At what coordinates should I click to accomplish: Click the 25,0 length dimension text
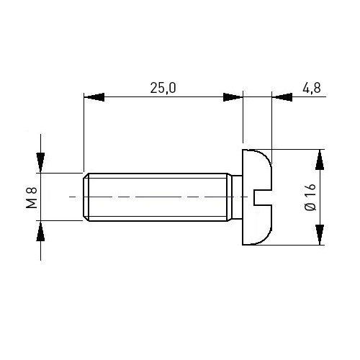click(x=163, y=88)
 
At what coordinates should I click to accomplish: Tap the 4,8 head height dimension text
click(x=312, y=88)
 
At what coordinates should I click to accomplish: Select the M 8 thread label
click(x=32, y=197)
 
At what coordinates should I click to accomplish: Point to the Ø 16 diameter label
click(x=310, y=197)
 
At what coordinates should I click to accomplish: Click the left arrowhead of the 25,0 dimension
click(x=94, y=97)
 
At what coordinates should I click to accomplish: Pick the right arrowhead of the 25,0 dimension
click(x=233, y=97)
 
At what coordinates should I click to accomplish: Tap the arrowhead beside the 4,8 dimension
click(x=282, y=97)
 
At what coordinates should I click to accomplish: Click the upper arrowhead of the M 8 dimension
click(x=40, y=163)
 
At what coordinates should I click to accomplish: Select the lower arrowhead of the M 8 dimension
click(x=40, y=231)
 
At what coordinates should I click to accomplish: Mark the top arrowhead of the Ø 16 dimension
click(x=320, y=160)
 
